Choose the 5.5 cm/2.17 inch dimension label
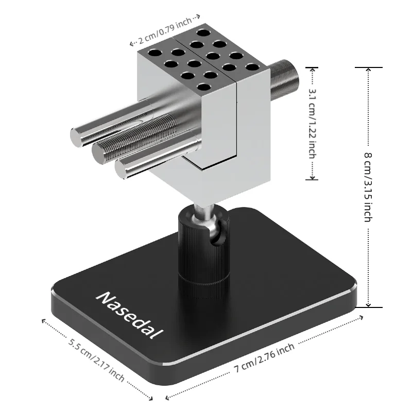tap(96, 359)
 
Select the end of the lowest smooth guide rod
tap(122, 169)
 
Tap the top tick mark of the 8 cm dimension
tap(368, 67)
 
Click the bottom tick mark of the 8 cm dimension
tap(368, 307)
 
